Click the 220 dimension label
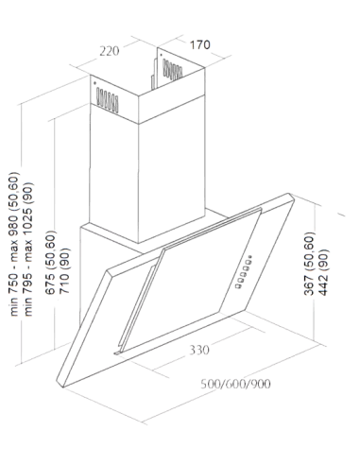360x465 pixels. click(x=110, y=51)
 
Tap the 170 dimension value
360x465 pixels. click(x=199, y=44)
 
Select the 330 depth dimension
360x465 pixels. click(x=199, y=350)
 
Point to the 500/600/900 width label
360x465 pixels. click(x=235, y=384)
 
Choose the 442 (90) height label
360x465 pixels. click(x=323, y=272)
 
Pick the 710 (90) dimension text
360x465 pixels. click(x=64, y=270)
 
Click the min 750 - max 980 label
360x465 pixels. click(x=14, y=244)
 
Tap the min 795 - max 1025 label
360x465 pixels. click(x=28, y=249)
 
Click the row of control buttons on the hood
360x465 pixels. click(x=244, y=272)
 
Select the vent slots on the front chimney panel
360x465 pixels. click(x=108, y=100)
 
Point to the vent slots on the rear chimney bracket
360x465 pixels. click(x=172, y=70)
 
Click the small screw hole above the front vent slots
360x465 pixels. click(x=94, y=83)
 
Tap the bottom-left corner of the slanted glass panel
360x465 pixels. click(x=63, y=387)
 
